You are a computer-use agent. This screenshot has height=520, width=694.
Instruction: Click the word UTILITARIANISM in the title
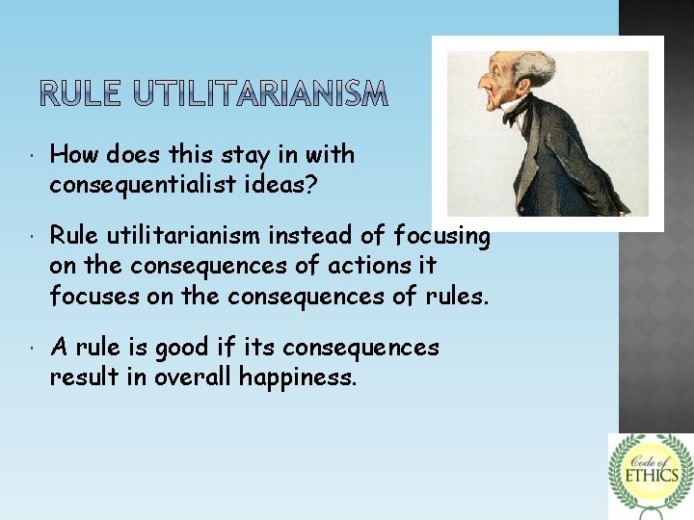(x=259, y=93)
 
